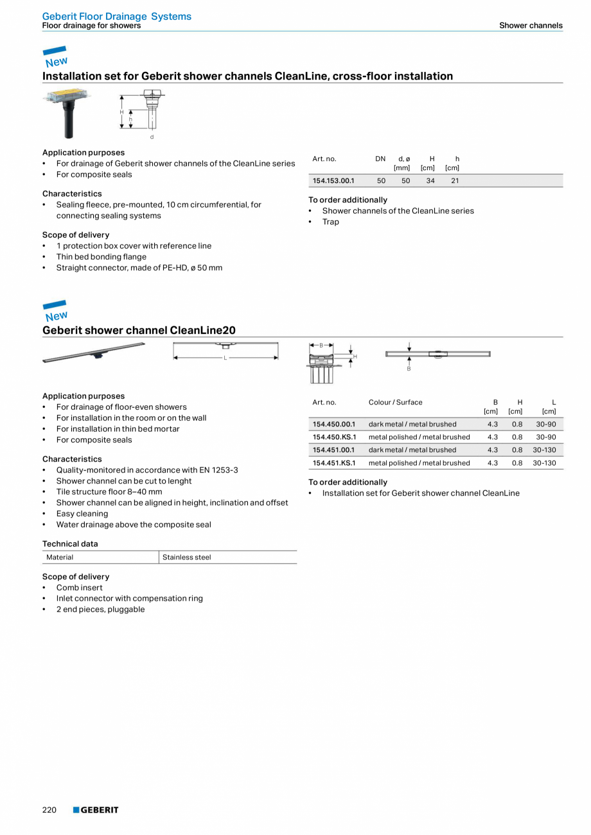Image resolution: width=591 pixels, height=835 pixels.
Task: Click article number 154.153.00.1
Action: pos(333,180)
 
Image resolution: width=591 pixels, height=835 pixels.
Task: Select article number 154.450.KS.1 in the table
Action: pos(334,437)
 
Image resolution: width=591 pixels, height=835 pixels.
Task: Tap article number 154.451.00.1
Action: pos(334,450)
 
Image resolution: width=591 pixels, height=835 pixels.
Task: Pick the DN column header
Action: pos(380,159)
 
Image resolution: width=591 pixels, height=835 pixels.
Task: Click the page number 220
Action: pos(49,810)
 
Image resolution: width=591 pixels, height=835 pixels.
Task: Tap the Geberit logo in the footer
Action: pos(96,810)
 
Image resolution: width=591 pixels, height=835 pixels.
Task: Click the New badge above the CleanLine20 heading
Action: pos(55,312)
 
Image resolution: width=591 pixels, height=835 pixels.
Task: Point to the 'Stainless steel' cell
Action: pos(186,557)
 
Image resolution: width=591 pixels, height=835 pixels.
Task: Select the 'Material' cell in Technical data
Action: pos(60,557)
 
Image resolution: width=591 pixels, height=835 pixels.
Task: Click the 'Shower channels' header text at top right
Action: pos(531,26)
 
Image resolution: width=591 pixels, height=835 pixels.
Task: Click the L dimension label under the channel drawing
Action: pos(225,358)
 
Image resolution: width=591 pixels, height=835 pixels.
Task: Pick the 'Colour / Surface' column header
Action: pos(395,402)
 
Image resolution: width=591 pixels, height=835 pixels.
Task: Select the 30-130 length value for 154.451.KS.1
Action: pos(544,462)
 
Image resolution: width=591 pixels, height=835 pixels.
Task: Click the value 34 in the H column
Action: pos(430,180)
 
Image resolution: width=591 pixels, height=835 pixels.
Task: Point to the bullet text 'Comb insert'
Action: pos(79,587)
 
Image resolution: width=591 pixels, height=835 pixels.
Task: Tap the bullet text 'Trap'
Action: pos(330,222)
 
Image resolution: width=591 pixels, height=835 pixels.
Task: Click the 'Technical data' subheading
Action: pos(70,543)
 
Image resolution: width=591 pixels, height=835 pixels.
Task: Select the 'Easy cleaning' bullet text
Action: pos(82,513)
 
